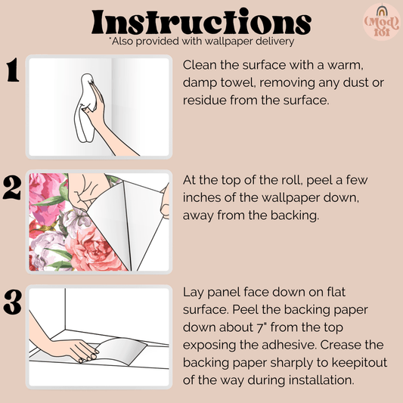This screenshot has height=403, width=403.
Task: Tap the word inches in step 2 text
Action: [204, 197]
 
